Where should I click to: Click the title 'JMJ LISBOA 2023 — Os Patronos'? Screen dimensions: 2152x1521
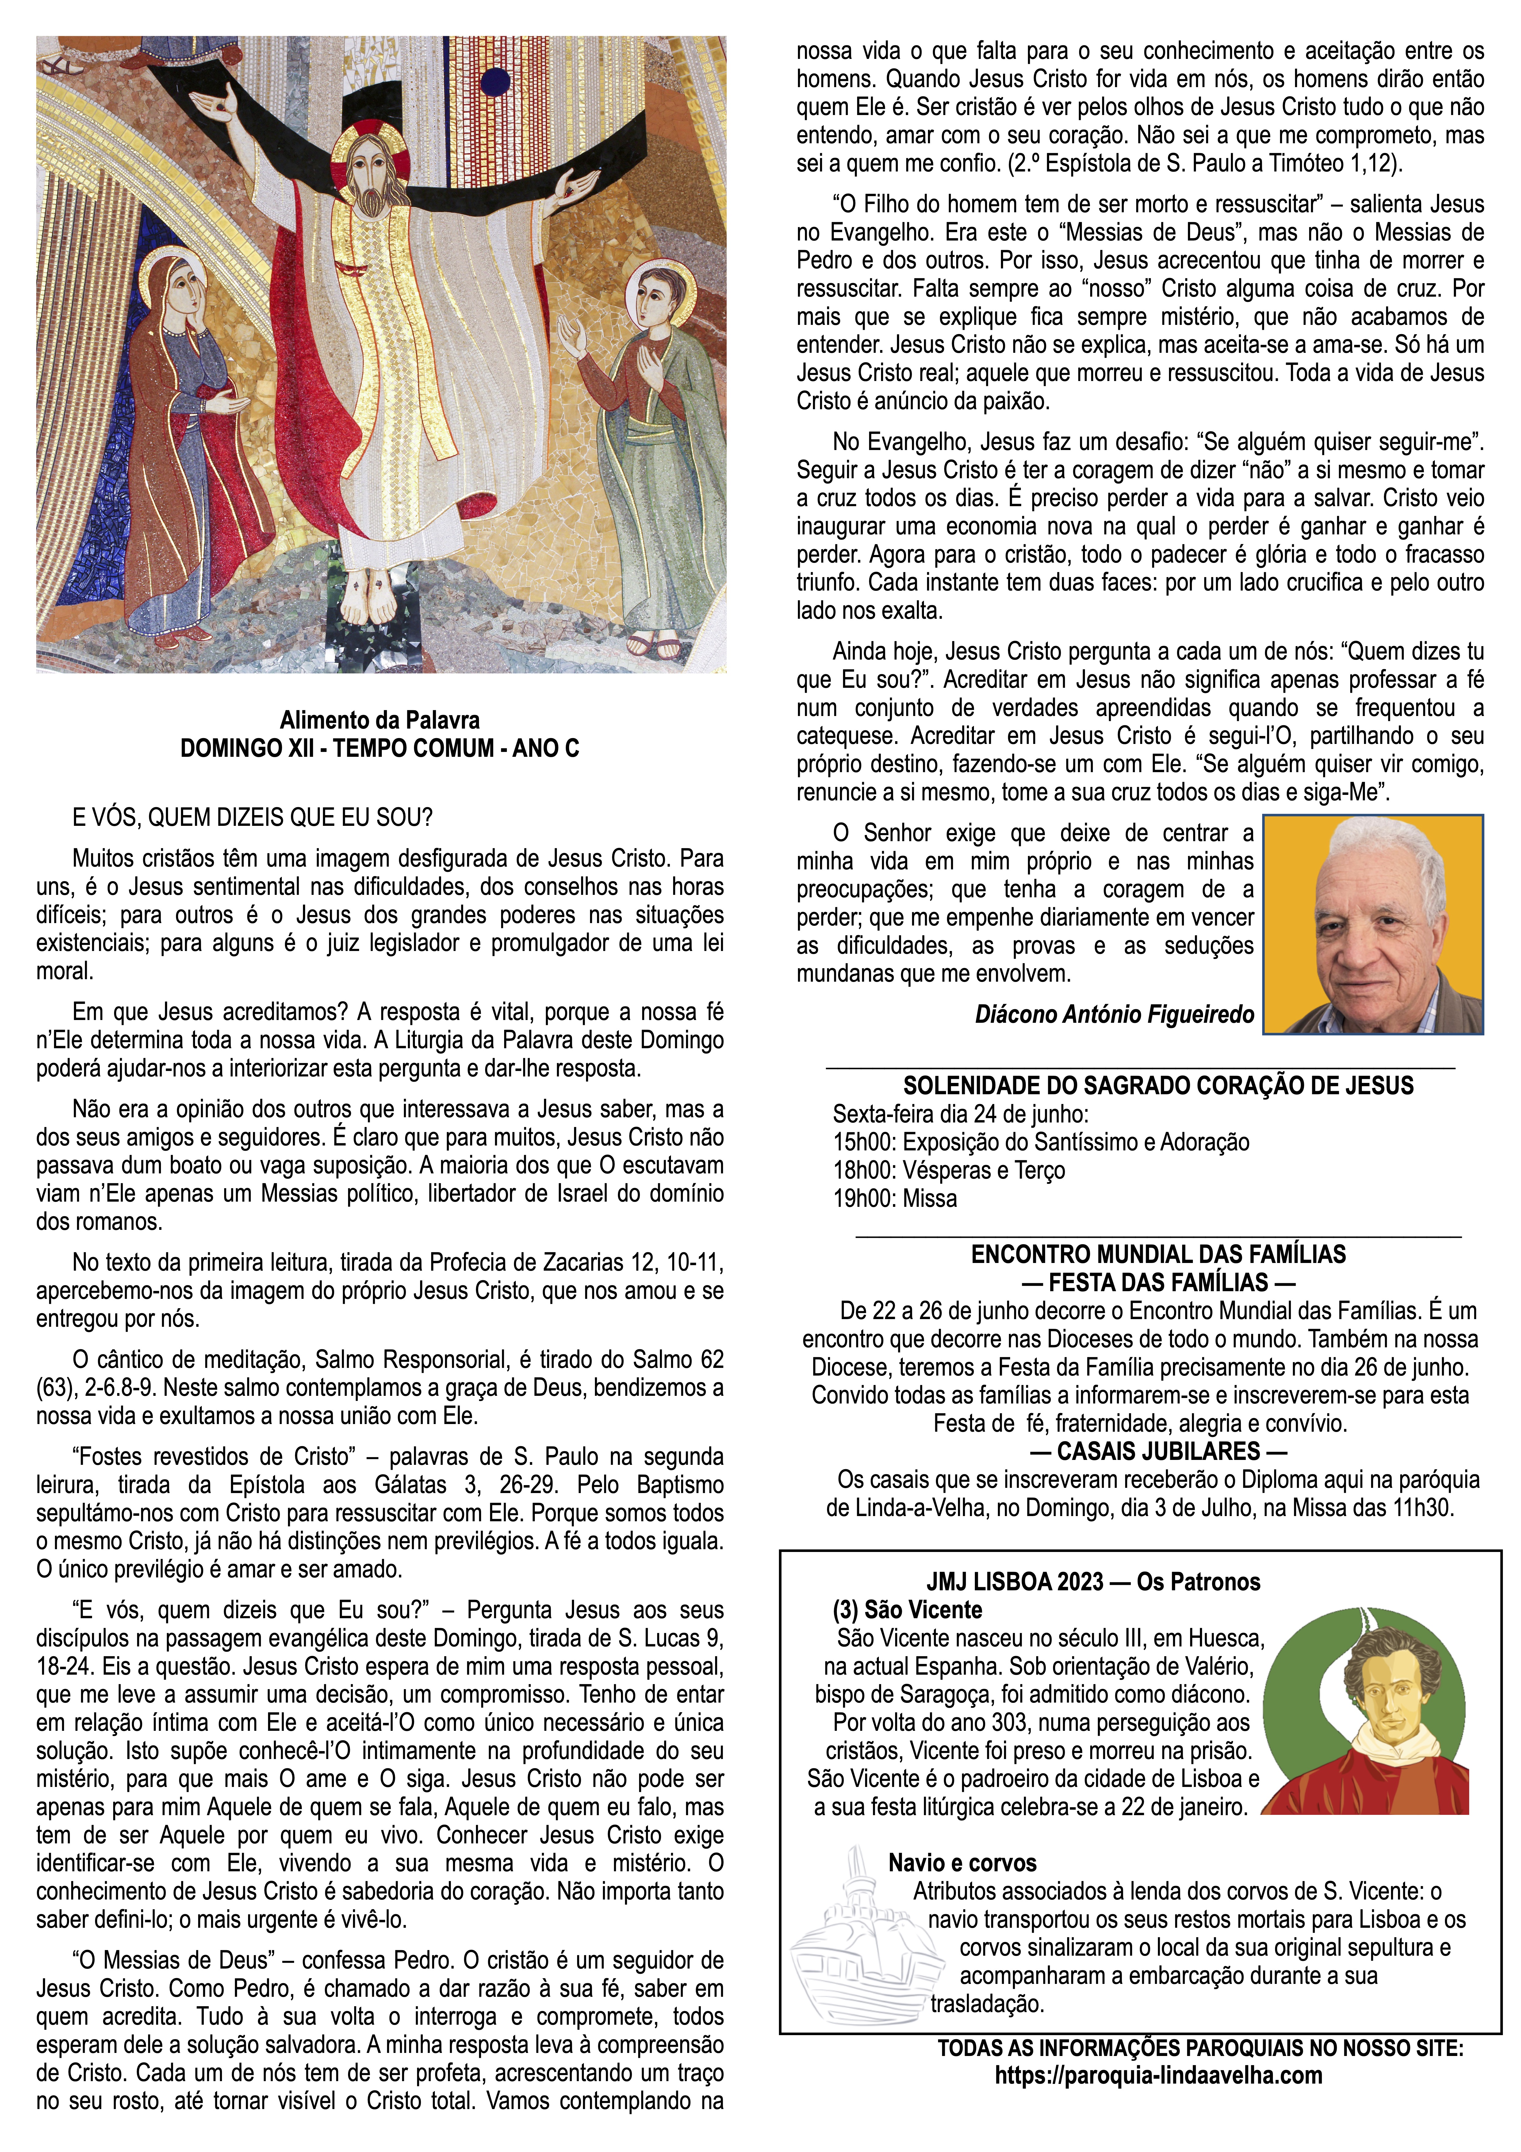[x=1093, y=1582]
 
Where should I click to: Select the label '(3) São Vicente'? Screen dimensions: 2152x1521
[x=907, y=1610]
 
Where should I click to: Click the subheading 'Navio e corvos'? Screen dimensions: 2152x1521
[x=963, y=1863]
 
